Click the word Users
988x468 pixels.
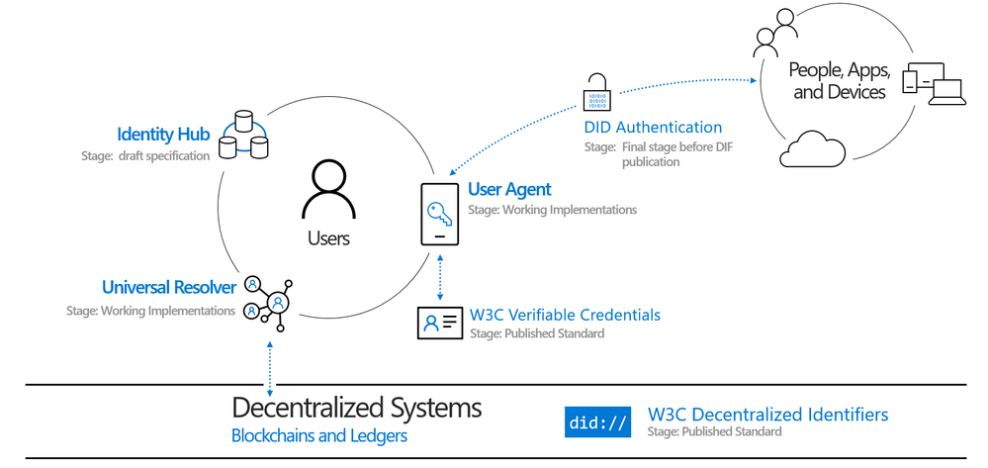click(329, 238)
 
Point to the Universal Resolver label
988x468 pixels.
click(168, 287)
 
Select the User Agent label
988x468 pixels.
click(509, 189)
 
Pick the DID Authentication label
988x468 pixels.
click(652, 128)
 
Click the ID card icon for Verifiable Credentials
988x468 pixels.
click(440, 323)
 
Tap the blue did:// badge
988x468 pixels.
click(597, 422)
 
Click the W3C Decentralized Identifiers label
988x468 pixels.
click(767, 415)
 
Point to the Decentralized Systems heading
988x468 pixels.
click(356, 408)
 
